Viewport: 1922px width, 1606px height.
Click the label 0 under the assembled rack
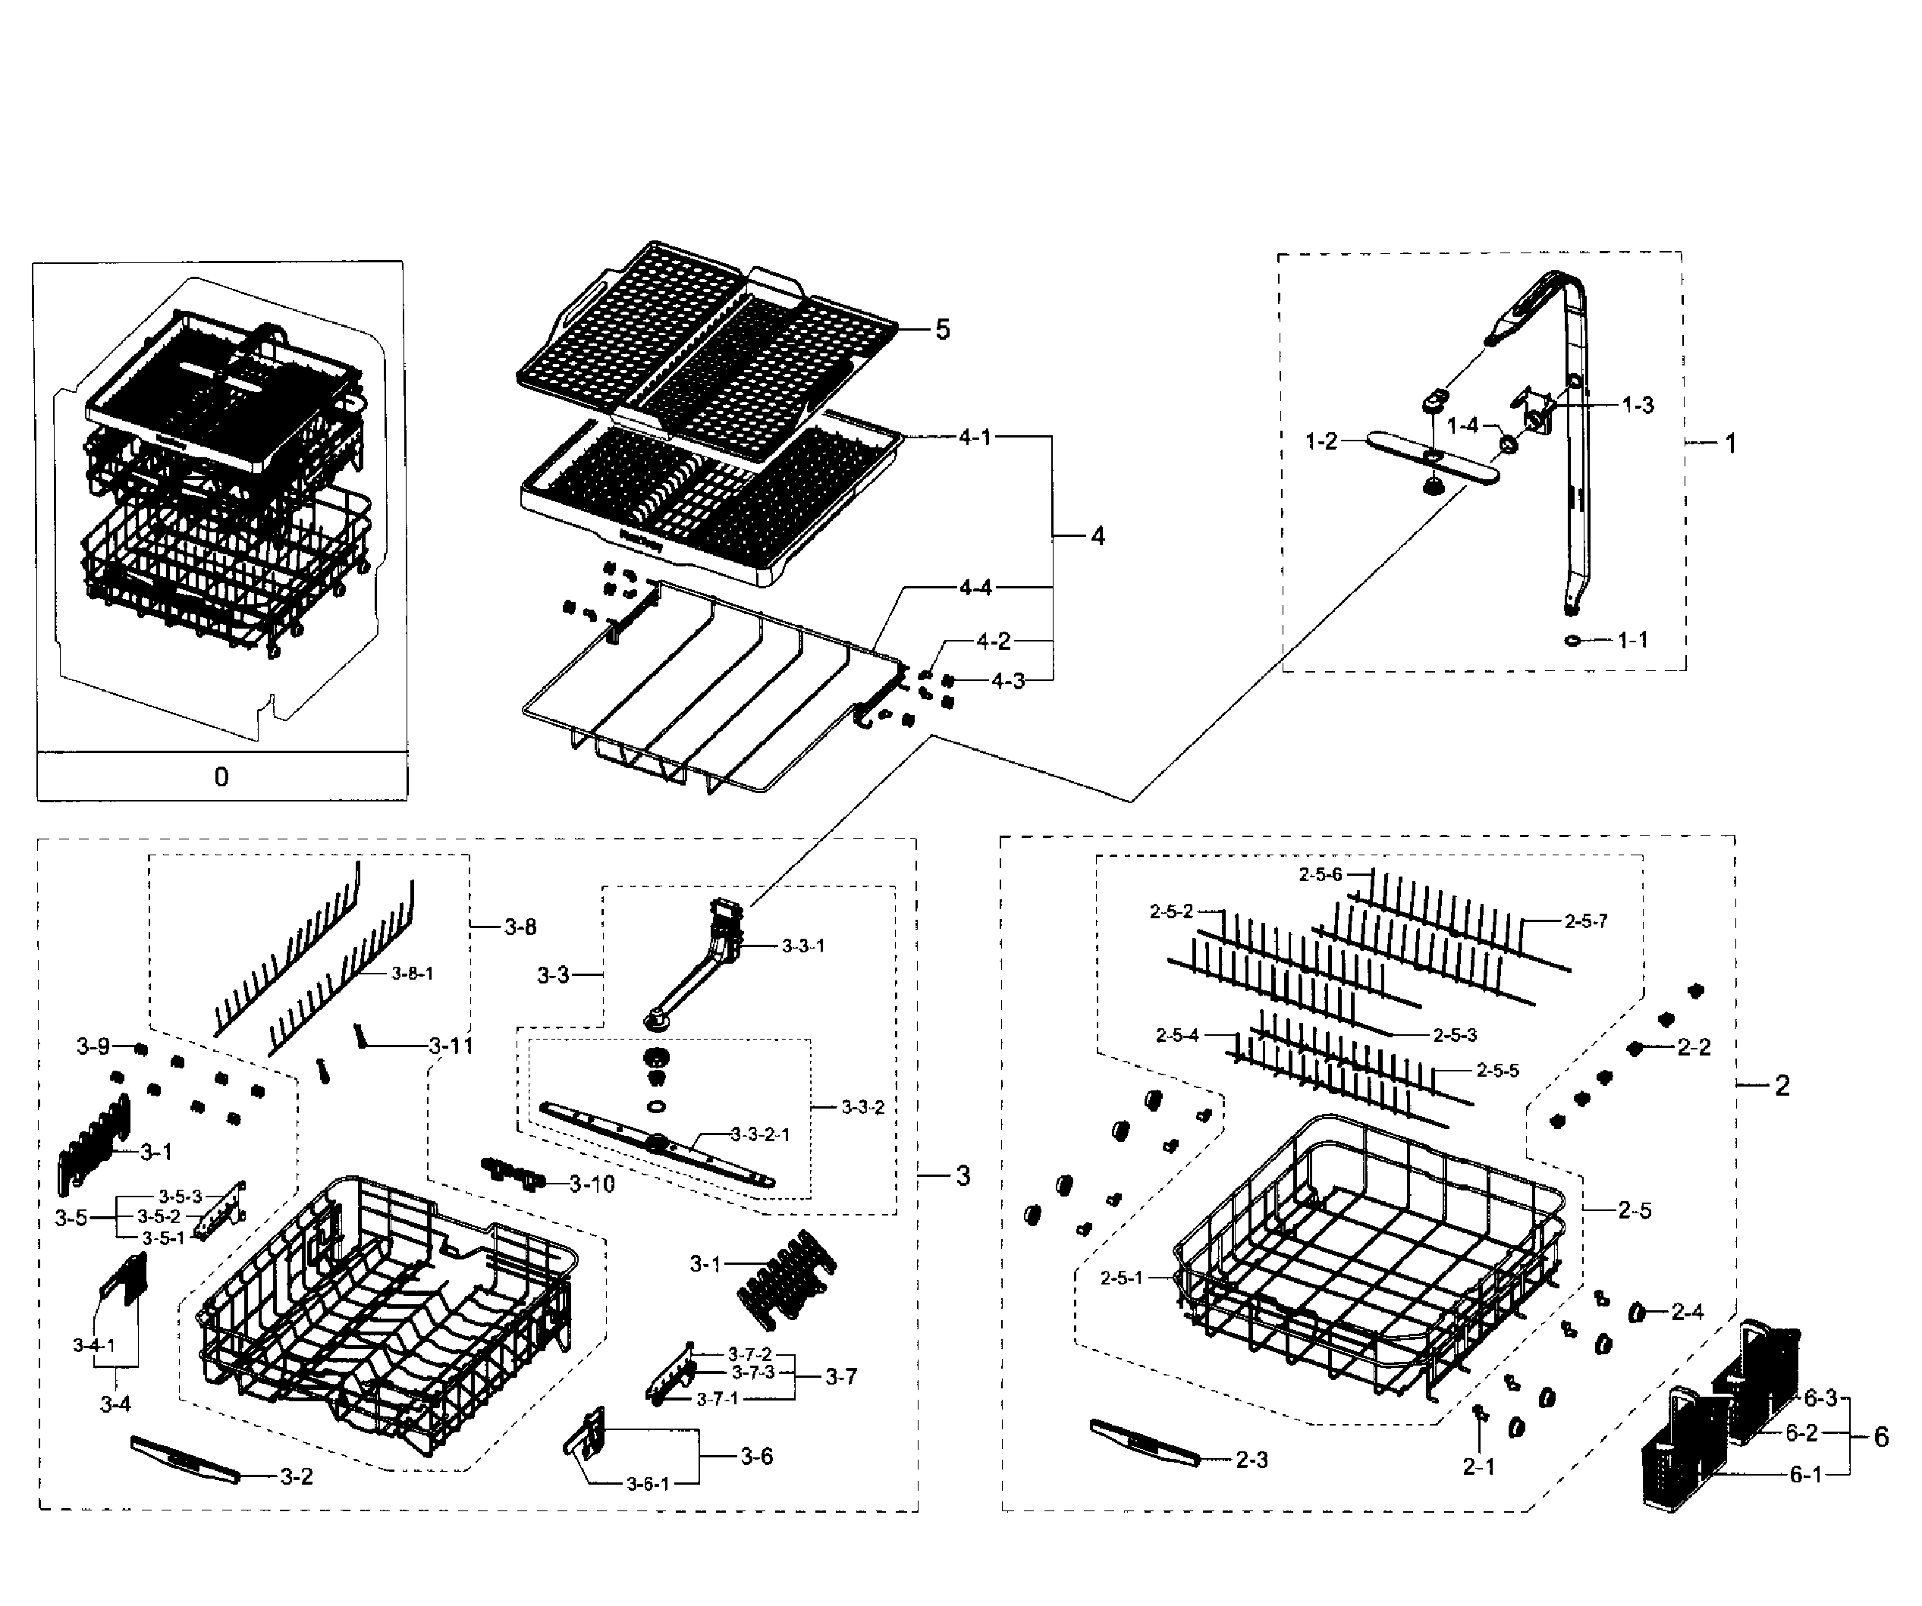221,777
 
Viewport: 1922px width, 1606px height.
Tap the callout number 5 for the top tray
942,329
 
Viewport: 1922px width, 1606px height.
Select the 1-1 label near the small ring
1633,640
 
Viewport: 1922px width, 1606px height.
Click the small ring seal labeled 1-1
1572,640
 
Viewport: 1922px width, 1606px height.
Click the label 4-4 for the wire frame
975,588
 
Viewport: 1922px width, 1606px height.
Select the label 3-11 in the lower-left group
451,1045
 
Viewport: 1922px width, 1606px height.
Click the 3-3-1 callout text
802,946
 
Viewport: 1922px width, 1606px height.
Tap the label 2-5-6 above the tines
1320,875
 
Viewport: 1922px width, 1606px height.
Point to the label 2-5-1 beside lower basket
1121,1278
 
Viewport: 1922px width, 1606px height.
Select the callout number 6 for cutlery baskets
1881,1438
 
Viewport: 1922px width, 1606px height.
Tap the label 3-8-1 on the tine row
412,974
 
